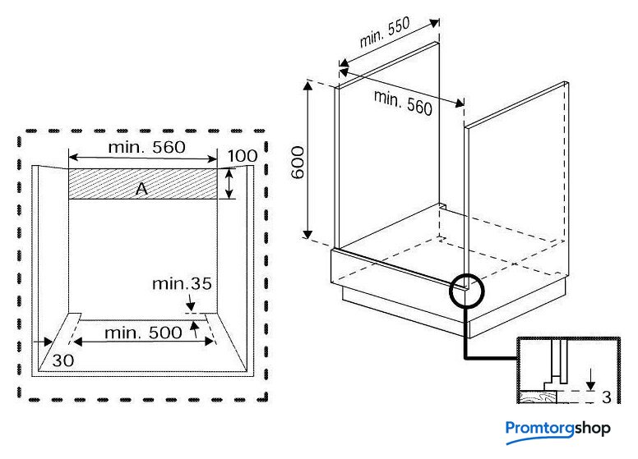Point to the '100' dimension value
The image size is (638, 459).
click(243, 156)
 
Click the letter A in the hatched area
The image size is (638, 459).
click(141, 189)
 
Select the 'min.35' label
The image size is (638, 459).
click(182, 284)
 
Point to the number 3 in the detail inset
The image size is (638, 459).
click(606, 397)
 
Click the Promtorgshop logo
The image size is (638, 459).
click(557, 429)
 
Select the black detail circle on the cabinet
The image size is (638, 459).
click(468, 288)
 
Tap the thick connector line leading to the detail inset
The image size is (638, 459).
click(468, 345)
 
